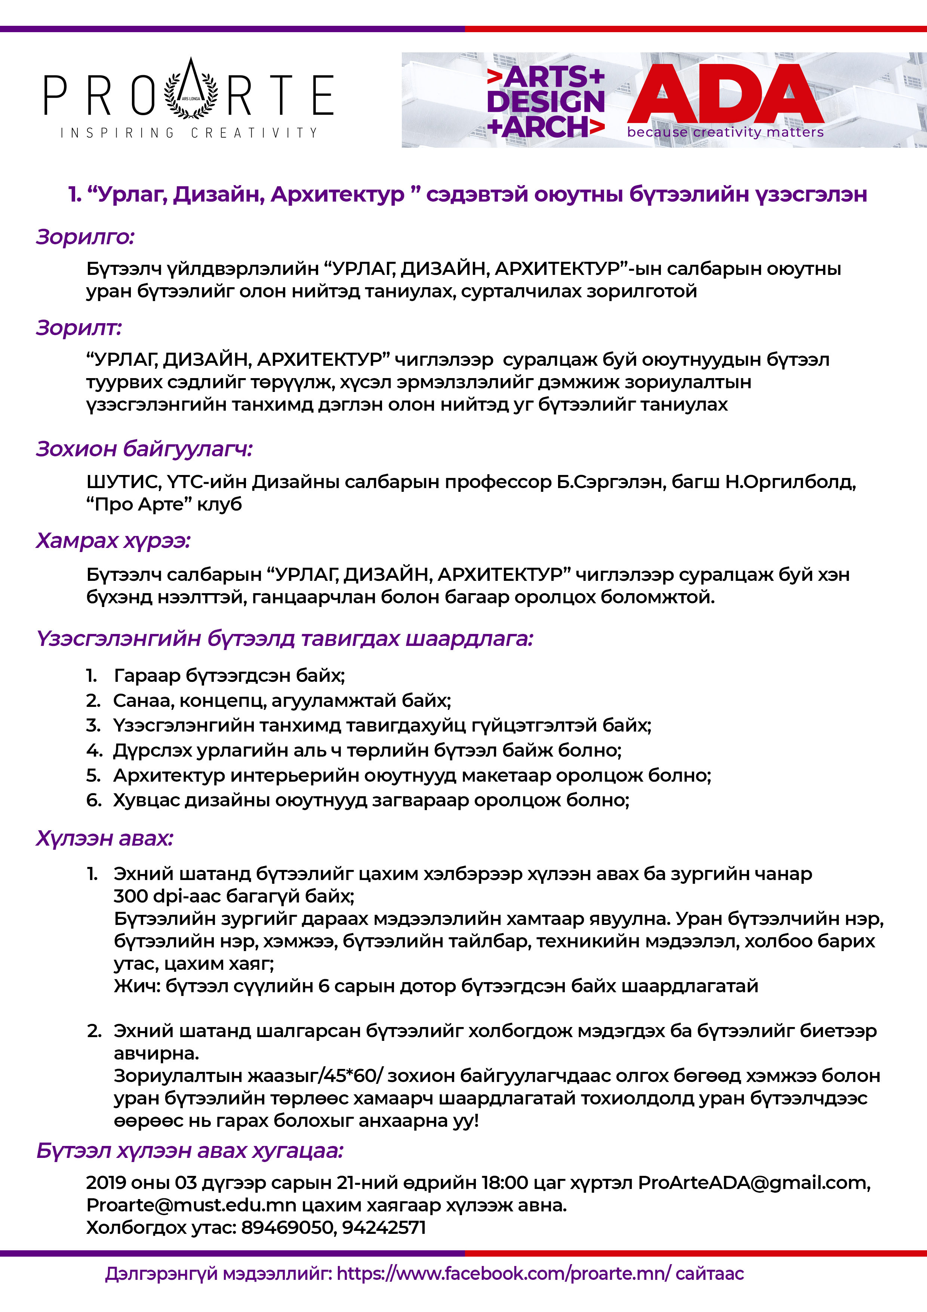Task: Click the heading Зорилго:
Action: [x=85, y=237]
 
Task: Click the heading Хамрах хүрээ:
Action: [x=113, y=540]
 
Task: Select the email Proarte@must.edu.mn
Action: [x=191, y=1205]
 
